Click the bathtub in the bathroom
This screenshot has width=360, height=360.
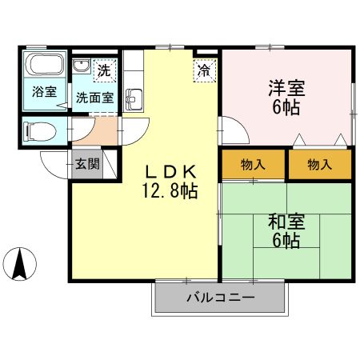tap(44, 66)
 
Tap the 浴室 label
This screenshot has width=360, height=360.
tap(44, 90)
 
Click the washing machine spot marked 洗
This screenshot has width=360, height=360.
tap(103, 70)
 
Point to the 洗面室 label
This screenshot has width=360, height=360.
tap(94, 98)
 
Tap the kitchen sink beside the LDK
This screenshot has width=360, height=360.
tap(134, 99)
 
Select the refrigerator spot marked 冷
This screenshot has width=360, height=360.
tap(204, 70)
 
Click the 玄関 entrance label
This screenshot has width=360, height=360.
tap(87, 165)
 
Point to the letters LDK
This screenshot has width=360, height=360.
tap(170, 171)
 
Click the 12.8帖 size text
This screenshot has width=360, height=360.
tap(170, 191)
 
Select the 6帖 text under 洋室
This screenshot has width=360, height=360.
tap(285, 108)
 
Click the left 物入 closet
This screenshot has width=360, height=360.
tap(253, 165)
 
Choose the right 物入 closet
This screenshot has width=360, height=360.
tap(319, 165)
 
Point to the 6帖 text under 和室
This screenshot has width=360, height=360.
tap(285, 241)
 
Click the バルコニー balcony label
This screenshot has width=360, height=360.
tap(220, 298)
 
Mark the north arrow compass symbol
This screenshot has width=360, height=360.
tap(21, 264)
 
